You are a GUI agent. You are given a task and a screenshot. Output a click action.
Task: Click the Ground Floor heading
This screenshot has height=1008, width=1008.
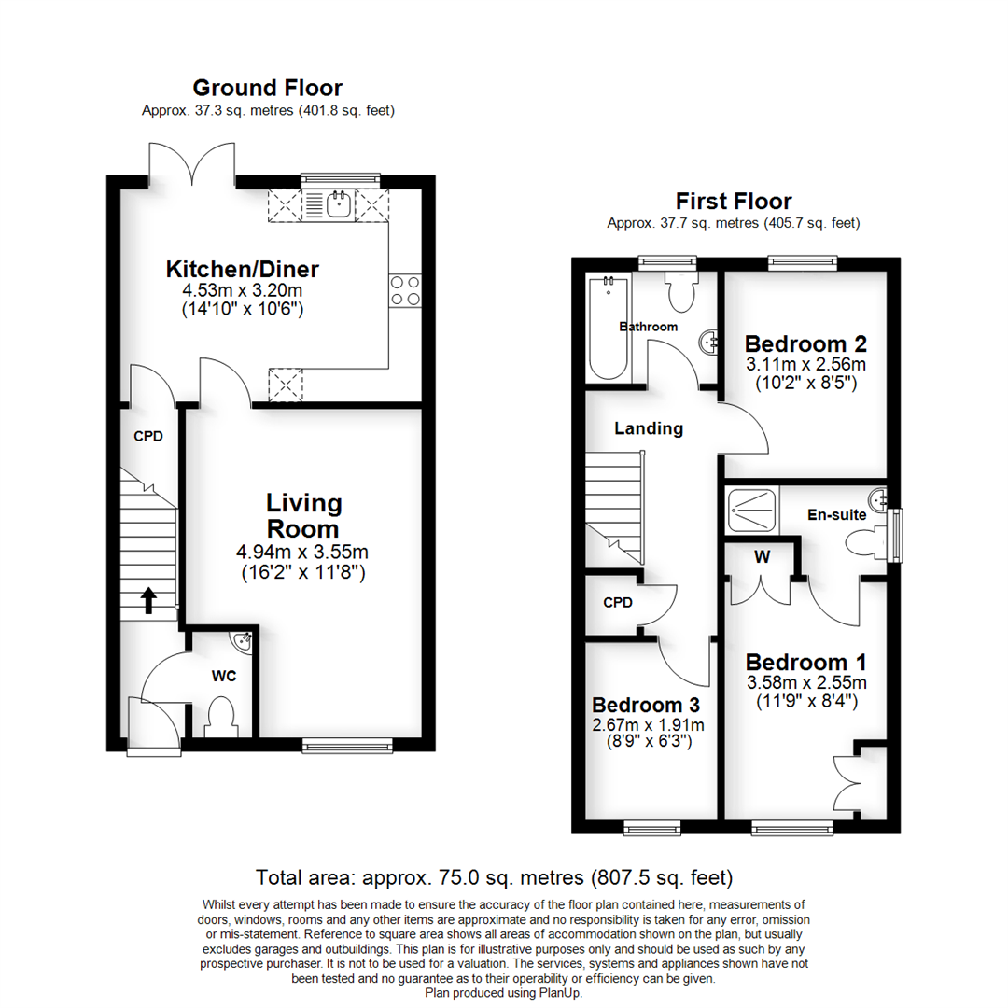click(268, 88)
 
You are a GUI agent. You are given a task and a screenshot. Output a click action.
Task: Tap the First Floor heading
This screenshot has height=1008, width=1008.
click(734, 202)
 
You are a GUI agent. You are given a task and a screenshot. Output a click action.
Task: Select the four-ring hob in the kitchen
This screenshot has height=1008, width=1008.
click(405, 290)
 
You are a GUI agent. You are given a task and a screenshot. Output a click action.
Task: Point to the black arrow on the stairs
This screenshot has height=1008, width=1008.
click(148, 600)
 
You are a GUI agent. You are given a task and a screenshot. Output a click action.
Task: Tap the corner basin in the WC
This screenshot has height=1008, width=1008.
click(243, 639)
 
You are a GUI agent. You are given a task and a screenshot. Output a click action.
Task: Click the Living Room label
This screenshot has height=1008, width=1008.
click(303, 515)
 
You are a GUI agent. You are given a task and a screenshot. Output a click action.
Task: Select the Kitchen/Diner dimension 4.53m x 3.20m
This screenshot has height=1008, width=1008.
click(243, 290)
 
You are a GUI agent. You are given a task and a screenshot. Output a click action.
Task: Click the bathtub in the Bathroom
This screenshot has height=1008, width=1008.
click(609, 328)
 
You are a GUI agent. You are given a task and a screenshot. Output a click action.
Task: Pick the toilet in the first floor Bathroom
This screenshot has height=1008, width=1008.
click(681, 290)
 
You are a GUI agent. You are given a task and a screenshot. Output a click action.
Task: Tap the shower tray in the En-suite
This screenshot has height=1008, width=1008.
click(750, 511)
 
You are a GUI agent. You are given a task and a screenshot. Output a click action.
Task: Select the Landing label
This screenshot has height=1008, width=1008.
click(649, 428)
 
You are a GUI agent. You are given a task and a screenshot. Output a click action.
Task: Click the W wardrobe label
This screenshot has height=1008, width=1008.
click(762, 556)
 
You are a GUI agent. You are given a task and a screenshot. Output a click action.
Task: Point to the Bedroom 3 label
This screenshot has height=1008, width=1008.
click(646, 706)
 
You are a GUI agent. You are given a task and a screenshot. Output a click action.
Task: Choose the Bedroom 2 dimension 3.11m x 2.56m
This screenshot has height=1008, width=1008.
click(805, 364)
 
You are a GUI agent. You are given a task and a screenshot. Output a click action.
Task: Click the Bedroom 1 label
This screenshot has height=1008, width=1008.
click(806, 662)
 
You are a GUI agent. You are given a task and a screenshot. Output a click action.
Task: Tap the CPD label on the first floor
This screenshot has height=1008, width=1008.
click(618, 602)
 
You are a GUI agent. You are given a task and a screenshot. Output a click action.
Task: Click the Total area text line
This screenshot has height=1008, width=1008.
click(495, 877)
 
